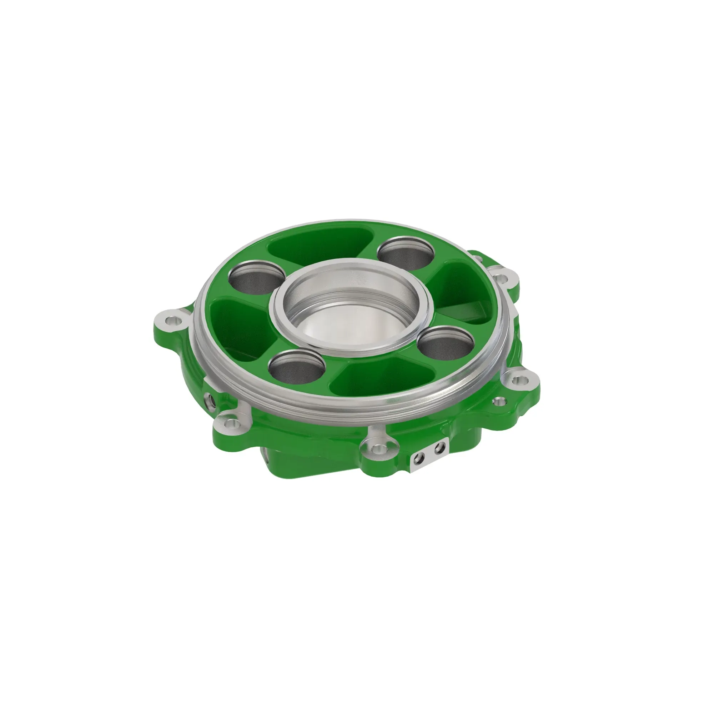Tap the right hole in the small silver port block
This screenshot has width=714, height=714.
point(439,449)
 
